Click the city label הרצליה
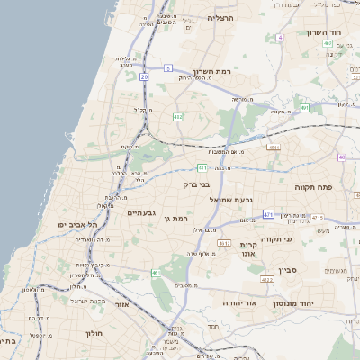(220, 18)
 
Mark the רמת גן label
(175, 219)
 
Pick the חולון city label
(95, 333)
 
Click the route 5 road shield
(168, 67)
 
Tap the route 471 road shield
(268, 214)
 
